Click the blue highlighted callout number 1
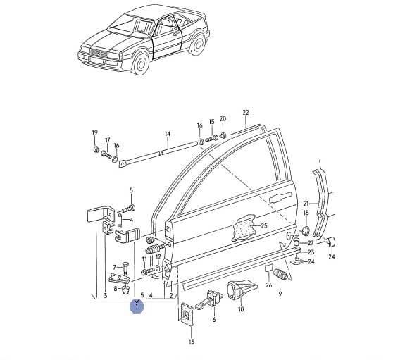point(137,306)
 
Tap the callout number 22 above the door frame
point(245,113)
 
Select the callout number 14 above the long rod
point(168,134)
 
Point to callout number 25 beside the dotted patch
point(264,225)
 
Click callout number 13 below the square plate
point(192,342)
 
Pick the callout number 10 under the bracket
point(241,309)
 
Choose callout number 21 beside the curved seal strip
point(306,204)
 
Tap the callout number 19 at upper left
point(95,133)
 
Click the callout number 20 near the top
point(223,119)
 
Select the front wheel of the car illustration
point(141,64)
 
